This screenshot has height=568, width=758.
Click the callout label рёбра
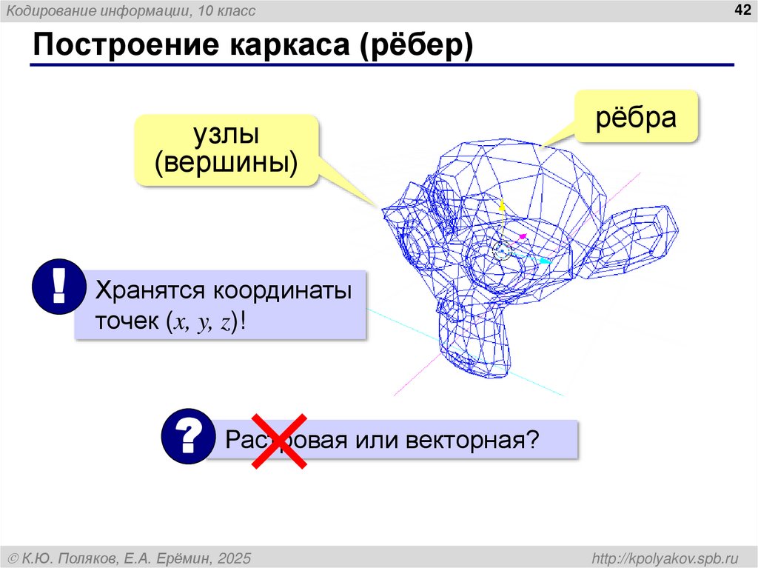(637, 118)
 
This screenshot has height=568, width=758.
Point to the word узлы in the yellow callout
(227, 135)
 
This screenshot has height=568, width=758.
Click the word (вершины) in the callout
(227, 163)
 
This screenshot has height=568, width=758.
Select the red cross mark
(279, 442)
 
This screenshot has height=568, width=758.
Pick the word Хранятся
(149, 291)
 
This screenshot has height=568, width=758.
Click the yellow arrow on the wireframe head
(500, 206)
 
